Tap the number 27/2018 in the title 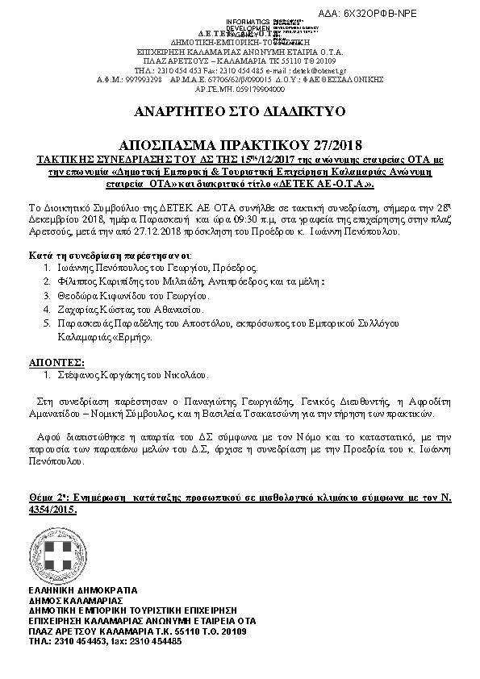pos(331,147)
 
